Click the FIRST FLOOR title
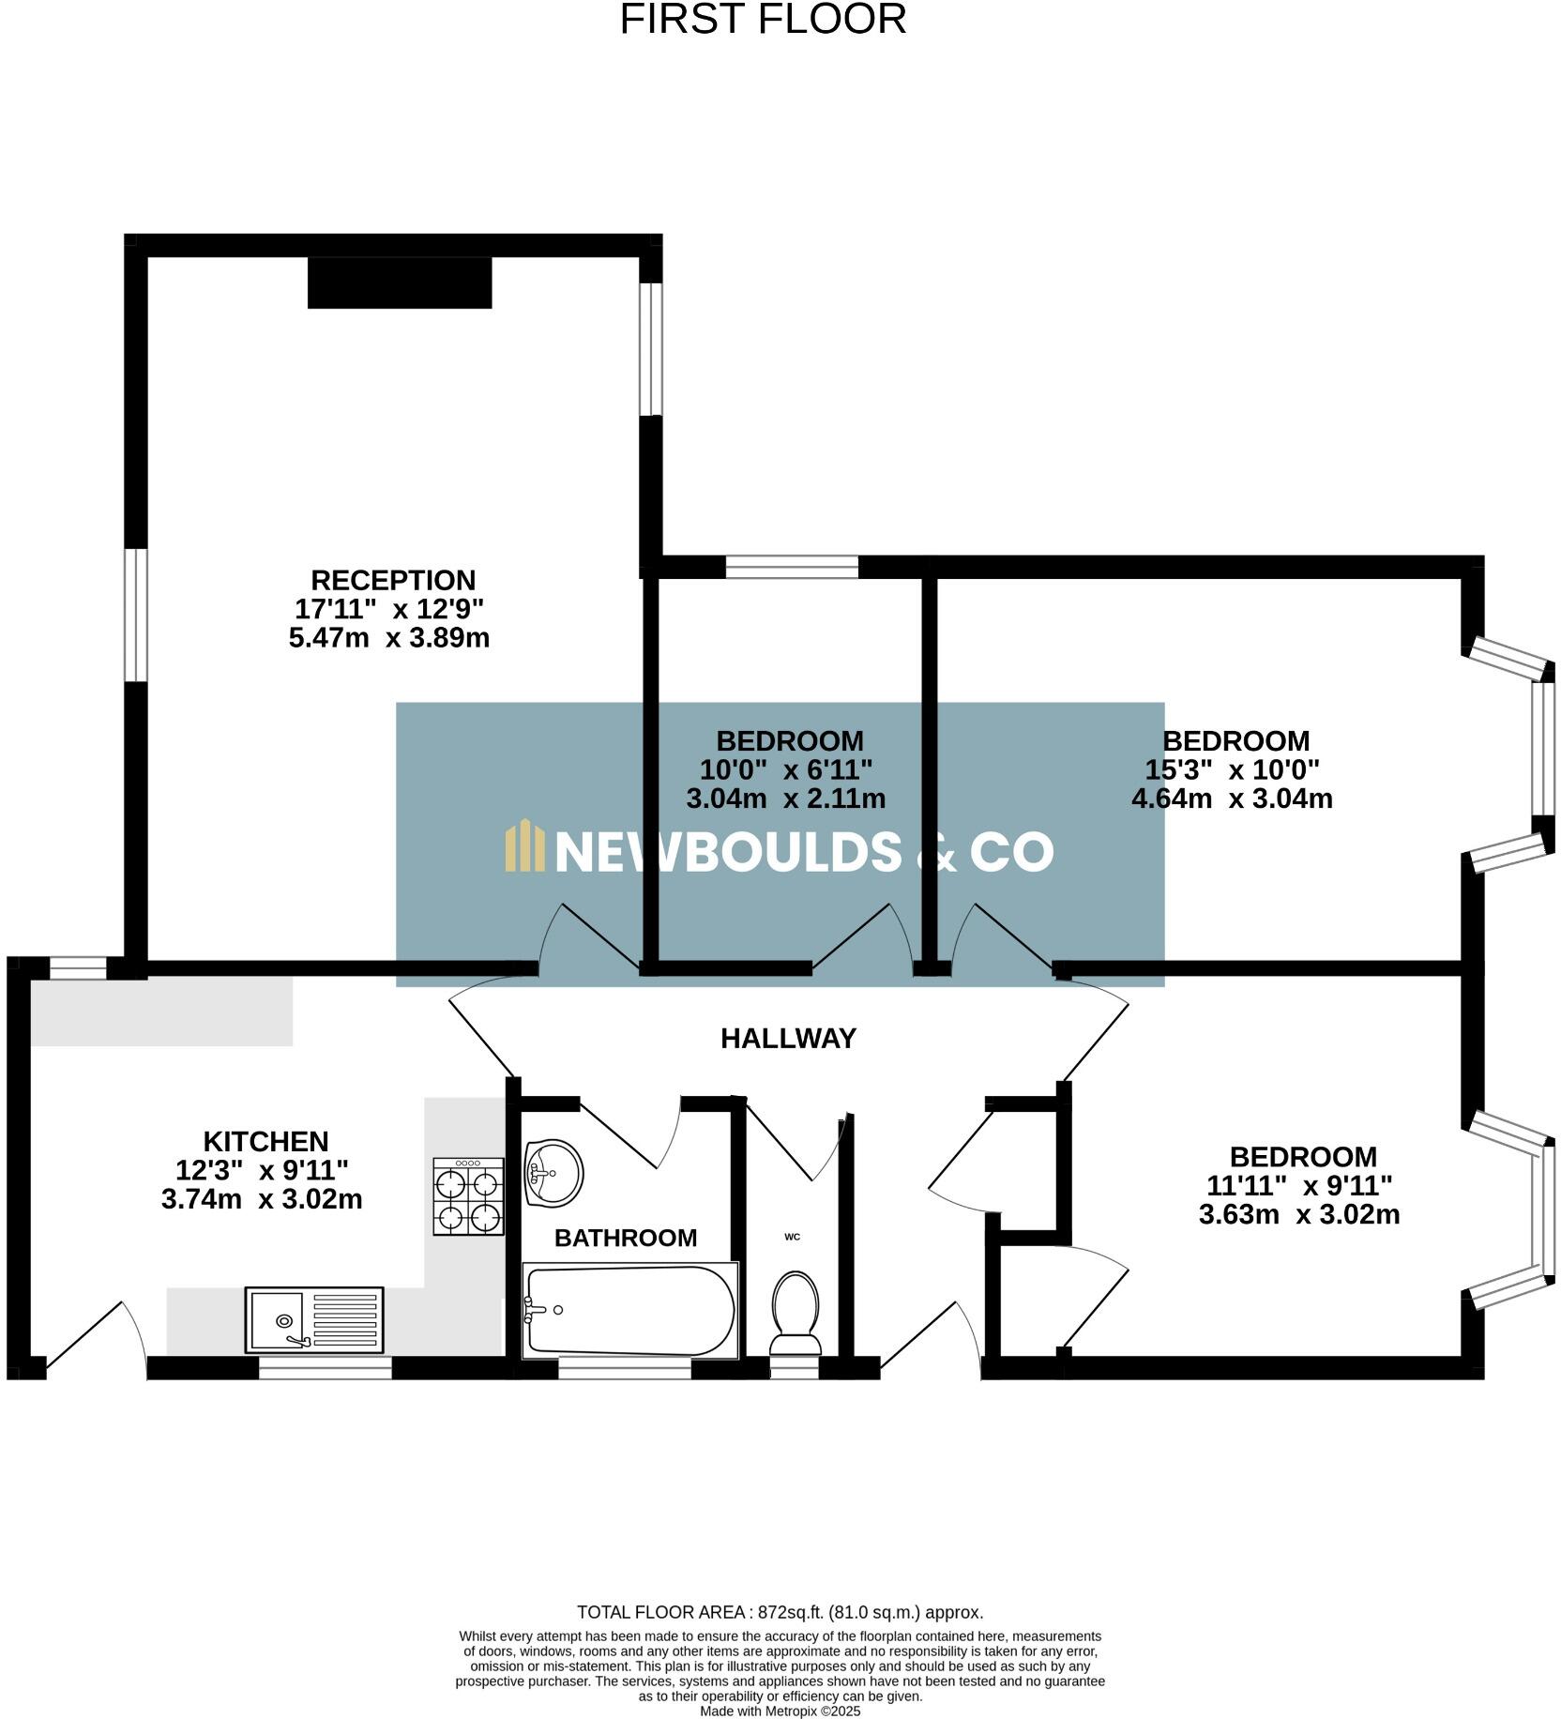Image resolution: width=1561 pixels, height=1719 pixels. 763,20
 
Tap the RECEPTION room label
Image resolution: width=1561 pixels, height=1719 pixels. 393,580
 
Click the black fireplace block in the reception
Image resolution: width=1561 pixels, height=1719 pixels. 400,282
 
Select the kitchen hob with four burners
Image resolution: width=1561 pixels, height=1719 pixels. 468,1195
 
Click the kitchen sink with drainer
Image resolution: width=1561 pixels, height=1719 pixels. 314,1319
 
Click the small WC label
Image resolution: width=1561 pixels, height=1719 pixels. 792,1237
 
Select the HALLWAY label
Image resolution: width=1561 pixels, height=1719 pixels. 788,1039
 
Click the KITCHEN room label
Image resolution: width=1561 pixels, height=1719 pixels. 265,1141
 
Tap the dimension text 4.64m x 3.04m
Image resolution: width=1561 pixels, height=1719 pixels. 1232,799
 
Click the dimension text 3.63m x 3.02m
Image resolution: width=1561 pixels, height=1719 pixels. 1298,1214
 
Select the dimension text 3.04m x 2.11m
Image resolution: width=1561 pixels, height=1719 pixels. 785,799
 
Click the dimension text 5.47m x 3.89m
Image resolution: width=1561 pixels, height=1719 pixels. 388,638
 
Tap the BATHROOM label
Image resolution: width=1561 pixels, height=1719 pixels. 626,1238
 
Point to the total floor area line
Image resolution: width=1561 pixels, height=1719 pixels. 780,1612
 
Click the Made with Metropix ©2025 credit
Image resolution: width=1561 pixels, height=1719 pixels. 780,1711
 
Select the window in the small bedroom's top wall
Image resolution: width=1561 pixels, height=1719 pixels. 792,567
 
